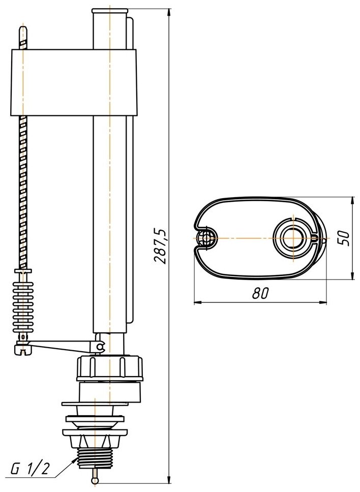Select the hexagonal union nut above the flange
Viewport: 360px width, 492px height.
pyautogui.click(x=110, y=367)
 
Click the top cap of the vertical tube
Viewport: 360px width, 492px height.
pyautogui.click(x=110, y=11)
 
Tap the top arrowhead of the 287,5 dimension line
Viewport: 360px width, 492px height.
pyautogui.click(x=169, y=11)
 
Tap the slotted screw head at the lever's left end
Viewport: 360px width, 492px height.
pyautogui.click(x=21, y=349)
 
